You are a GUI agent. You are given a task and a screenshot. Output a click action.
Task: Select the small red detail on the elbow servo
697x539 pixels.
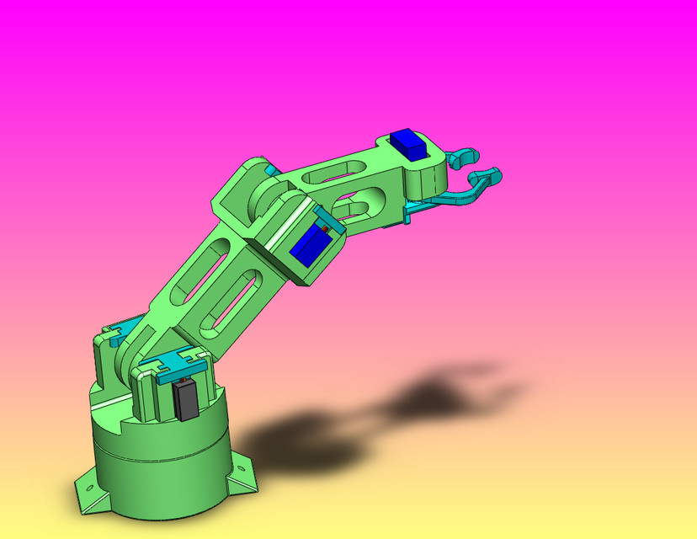pyautogui.click(x=324, y=229)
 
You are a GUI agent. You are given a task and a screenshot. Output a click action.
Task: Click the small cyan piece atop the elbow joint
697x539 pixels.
pyautogui.click(x=270, y=170)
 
